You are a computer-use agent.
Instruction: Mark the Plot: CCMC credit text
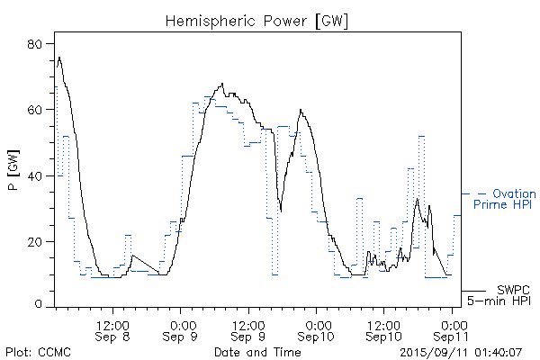(x=33, y=350)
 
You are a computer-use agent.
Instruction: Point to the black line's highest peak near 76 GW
(x=59, y=58)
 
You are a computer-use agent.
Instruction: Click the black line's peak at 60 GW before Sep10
(x=301, y=111)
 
